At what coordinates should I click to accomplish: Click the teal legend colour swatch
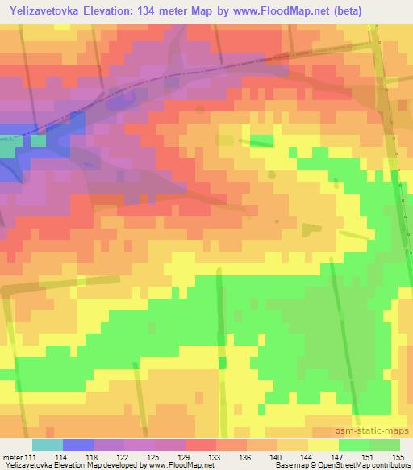48,445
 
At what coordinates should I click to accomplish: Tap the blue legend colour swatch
78,445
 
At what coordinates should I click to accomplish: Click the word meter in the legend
10,457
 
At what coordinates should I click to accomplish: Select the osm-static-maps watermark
378,432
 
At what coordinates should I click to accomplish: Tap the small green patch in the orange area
261,141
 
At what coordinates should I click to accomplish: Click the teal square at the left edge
6,149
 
